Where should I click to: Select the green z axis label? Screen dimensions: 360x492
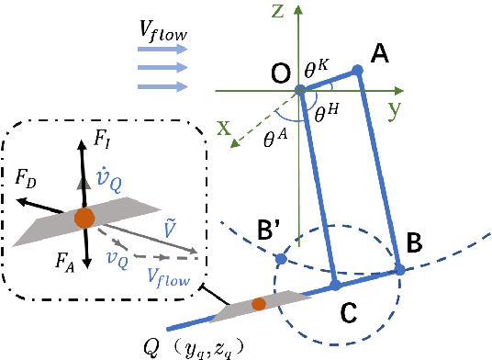coord(301,10)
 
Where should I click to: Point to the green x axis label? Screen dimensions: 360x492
coord(224,129)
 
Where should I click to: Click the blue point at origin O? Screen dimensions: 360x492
coord(301,91)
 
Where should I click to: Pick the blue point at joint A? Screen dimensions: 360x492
coord(358,69)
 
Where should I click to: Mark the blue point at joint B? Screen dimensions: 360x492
coord(400,269)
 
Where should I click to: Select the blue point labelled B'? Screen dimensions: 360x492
coord(281,261)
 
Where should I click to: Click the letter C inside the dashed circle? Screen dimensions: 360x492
coord(348,314)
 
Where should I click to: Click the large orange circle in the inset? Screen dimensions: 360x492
coord(84,219)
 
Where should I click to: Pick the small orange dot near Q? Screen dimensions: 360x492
coord(259,304)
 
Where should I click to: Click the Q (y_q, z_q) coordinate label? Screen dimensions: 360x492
coord(202,346)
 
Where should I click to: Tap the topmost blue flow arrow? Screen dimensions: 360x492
coord(163,52)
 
